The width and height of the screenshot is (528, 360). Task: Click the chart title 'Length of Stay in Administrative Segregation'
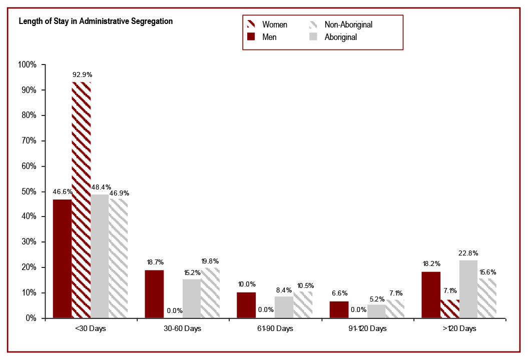pyautogui.click(x=96, y=21)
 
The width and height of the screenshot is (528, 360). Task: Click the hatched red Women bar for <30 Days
pyautogui.click(x=81, y=200)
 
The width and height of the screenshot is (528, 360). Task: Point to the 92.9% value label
pyautogui.click(x=82, y=75)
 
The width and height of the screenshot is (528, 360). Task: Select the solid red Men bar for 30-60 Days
pyautogui.click(x=154, y=294)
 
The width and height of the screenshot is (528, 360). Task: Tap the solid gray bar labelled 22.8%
pyautogui.click(x=468, y=289)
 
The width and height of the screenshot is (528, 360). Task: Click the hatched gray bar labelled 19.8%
pyautogui.click(x=210, y=293)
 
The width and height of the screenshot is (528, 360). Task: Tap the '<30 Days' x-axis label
pyautogui.click(x=91, y=329)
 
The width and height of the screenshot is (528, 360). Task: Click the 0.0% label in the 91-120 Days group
pyautogui.click(x=358, y=310)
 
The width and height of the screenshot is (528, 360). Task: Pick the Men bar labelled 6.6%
pyautogui.click(x=339, y=309)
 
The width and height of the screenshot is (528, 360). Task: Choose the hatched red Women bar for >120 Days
pyautogui.click(x=449, y=309)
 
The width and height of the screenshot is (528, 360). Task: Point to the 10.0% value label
pyautogui.click(x=247, y=284)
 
